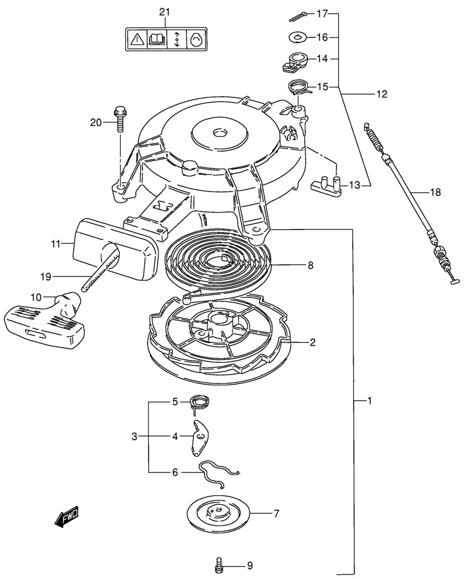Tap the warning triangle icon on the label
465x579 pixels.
[x=136, y=39]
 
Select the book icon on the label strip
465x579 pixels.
[x=156, y=39]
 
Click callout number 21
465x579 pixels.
[x=164, y=13]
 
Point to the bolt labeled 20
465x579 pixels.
[x=120, y=117]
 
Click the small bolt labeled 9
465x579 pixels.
[x=218, y=566]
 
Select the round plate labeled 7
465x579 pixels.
[x=219, y=513]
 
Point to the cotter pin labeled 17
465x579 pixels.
[x=299, y=14]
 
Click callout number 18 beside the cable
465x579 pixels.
[x=435, y=193]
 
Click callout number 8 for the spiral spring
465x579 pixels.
[x=310, y=264]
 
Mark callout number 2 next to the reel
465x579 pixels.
[x=312, y=342]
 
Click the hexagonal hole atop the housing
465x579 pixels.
[x=219, y=133]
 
